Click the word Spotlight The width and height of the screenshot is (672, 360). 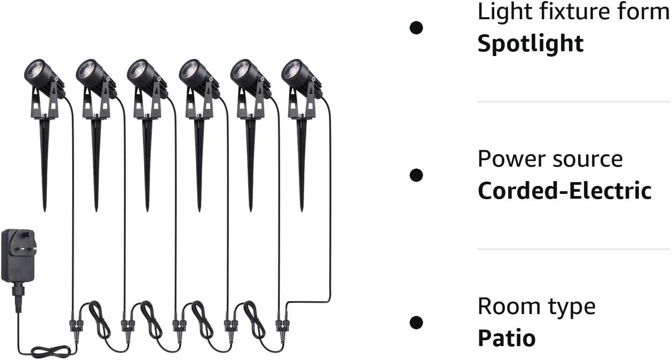(x=530, y=44)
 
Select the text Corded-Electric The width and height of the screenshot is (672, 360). (x=564, y=191)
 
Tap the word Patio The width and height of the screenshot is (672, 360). (x=506, y=338)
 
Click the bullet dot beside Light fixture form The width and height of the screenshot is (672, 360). (x=416, y=28)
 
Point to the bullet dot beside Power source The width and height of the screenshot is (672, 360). (x=416, y=175)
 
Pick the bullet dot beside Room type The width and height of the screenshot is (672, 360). (x=416, y=322)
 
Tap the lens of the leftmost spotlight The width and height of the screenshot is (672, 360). (x=34, y=71)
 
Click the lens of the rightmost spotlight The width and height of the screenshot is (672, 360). (x=291, y=69)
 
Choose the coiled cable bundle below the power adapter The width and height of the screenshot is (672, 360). (x=51, y=351)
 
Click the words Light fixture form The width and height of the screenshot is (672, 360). (x=573, y=12)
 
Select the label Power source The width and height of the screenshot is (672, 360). (x=550, y=159)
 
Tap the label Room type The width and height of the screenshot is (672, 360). (x=536, y=307)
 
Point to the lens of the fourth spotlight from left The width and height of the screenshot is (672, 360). (x=188, y=71)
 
